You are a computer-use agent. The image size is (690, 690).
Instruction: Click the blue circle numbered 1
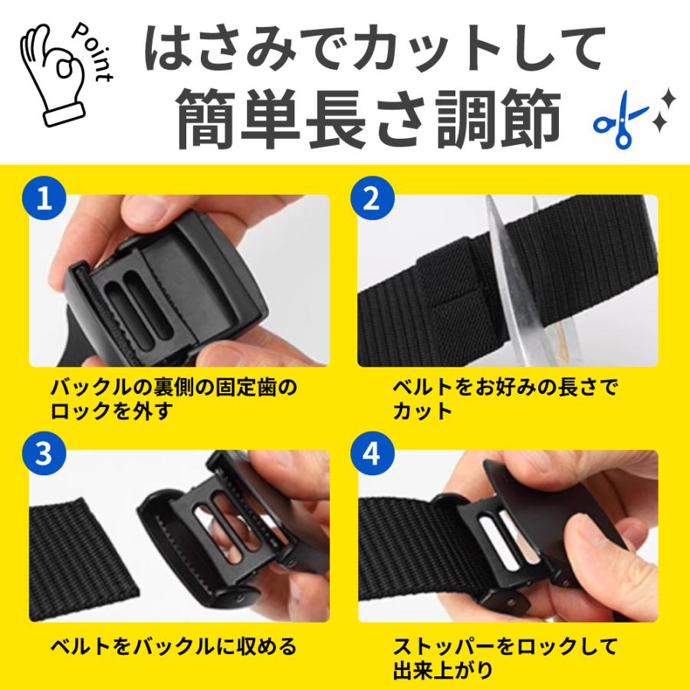pyautogui.click(x=44, y=198)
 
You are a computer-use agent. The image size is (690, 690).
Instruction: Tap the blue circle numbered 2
pyautogui.click(x=372, y=198)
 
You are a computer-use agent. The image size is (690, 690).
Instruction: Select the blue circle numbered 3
pyautogui.click(x=44, y=453)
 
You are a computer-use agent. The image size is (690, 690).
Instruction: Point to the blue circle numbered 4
pyautogui.click(x=372, y=453)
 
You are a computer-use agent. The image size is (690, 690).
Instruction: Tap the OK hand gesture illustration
pyautogui.click(x=52, y=75)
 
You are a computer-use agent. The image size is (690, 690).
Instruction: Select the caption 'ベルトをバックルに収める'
pyautogui.click(x=174, y=647)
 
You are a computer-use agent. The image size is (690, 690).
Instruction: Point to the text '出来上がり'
pyautogui.click(x=442, y=670)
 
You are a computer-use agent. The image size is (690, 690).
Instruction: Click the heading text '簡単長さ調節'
pyautogui.click(x=370, y=119)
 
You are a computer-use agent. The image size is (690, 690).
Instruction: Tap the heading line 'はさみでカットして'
pyautogui.click(x=375, y=48)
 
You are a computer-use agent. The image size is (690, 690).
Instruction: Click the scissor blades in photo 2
pyautogui.click(x=517, y=281)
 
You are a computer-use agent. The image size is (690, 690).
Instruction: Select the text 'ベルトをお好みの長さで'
pyautogui.click(x=505, y=388)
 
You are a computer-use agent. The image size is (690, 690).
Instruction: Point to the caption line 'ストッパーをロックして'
pyautogui.click(x=505, y=647)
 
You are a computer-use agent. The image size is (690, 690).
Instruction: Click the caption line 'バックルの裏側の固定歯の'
pyautogui.click(x=174, y=388)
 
